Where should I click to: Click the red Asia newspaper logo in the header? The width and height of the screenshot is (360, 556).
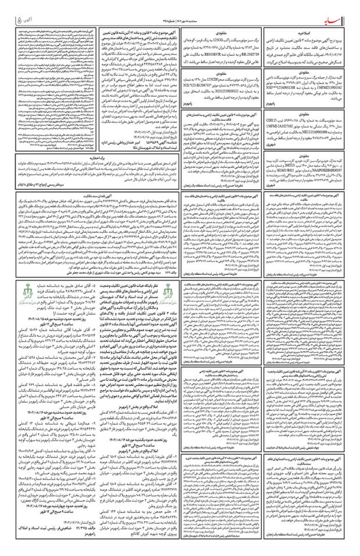(335, 9)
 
